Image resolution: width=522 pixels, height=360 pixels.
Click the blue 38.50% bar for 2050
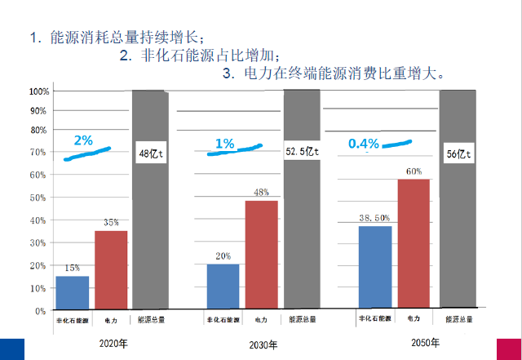375,268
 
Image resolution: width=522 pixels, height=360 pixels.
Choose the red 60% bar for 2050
414,244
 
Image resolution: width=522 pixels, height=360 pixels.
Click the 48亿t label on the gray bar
151,153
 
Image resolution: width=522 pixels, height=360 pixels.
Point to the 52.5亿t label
302,151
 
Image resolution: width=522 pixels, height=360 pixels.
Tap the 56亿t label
458,153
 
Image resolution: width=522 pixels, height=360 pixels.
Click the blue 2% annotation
82,140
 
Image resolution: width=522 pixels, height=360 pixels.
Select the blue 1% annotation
224,144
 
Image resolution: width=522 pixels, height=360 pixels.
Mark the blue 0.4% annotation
364,143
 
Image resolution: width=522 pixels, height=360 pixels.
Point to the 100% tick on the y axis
38,91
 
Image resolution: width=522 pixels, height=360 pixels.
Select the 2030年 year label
263,344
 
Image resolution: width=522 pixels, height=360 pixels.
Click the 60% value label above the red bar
414,171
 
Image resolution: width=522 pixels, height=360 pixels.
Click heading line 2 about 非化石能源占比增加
200,56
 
